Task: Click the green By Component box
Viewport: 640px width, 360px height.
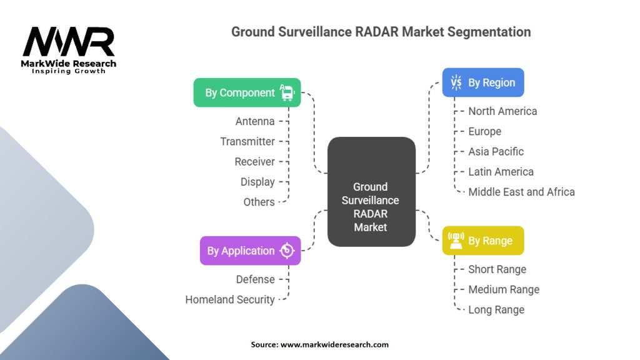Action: [247, 92]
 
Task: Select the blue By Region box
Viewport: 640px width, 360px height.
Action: [483, 82]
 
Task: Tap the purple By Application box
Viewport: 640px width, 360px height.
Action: [250, 251]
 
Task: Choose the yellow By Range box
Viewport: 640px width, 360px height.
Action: [483, 241]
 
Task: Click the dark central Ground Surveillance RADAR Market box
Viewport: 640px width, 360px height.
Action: [371, 192]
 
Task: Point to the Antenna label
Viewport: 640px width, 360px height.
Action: [255, 121]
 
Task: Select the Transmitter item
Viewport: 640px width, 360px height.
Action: [247, 141]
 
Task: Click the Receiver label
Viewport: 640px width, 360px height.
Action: [254, 162]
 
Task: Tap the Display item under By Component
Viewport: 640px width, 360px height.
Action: [257, 182]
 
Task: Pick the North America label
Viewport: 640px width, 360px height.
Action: [502, 111]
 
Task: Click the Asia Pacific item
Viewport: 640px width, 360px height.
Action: [496, 151]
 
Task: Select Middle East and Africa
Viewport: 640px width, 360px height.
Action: [521, 192]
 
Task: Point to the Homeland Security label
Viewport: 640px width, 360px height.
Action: [230, 299]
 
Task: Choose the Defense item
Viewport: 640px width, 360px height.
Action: [255, 279]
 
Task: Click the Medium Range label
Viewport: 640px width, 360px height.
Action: [504, 289]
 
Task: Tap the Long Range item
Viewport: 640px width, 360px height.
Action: [496, 310]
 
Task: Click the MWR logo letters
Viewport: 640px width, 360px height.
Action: [69, 42]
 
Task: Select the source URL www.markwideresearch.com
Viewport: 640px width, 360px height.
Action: [334, 344]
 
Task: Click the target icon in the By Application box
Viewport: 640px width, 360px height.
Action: [287, 251]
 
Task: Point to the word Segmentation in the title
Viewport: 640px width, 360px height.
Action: [489, 32]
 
